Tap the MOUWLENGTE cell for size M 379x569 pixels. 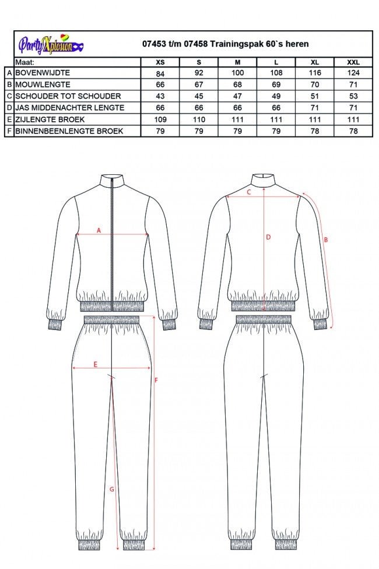point(237,85)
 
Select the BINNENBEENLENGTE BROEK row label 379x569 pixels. point(69,131)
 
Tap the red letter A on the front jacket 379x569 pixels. point(99,231)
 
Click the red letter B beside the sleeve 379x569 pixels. point(326,240)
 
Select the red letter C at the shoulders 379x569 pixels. point(248,192)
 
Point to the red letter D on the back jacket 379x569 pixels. point(268,237)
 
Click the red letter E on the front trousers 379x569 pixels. point(96,364)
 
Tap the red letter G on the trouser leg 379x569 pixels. point(112,489)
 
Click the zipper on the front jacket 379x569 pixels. point(111,245)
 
